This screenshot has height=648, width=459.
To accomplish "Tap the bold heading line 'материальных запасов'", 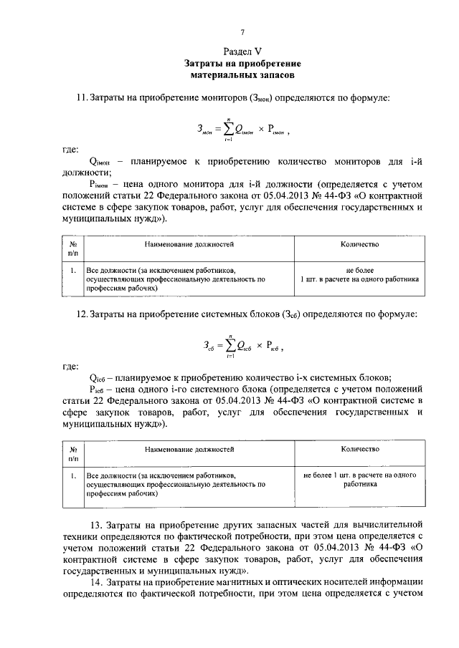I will click(242, 74).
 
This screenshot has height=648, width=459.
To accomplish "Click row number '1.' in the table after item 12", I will click(73, 475).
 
